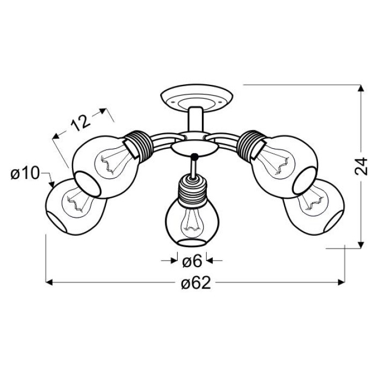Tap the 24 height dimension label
click(x=360, y=166)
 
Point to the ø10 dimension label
click(x=25, y=173)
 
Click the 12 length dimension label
click(x=81, y=123)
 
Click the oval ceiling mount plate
click(x=197, y=98)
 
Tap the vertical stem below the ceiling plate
click(x=196, y=120)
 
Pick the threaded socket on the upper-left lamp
click(x=138, y=144)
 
